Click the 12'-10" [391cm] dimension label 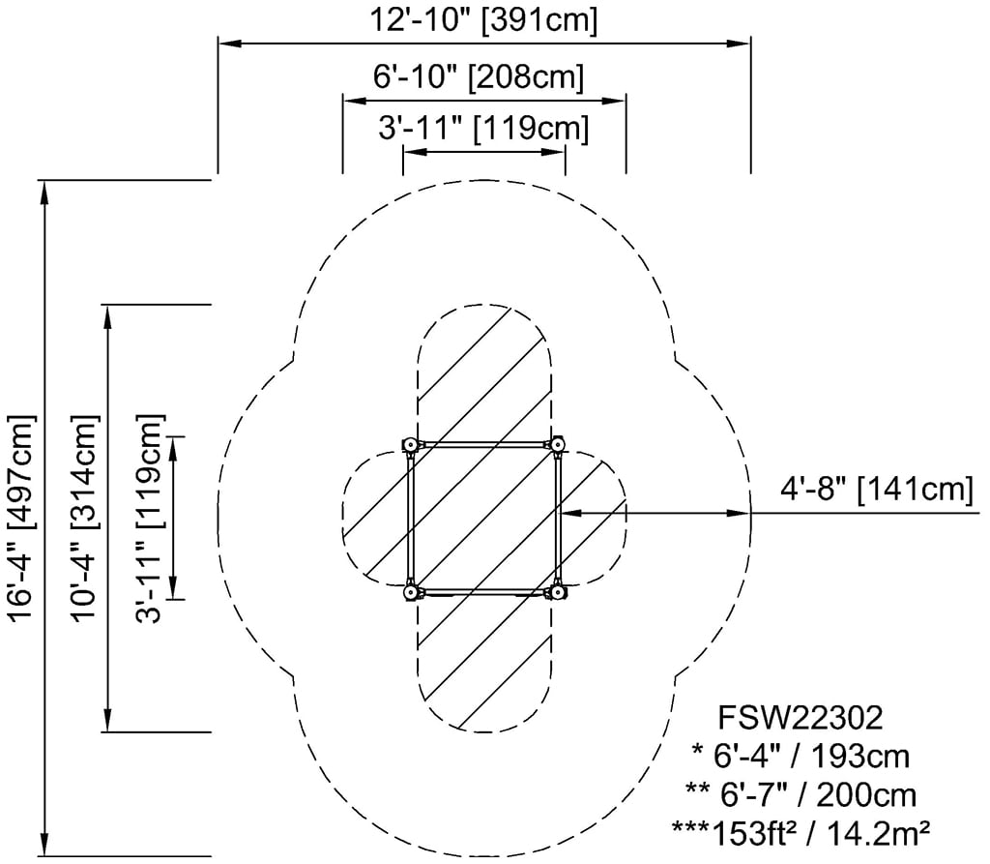tap(483, 19)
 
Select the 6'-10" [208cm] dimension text tap(479, 77)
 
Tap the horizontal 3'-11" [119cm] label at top tap(483, 128)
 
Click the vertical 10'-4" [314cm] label tap(85, 519)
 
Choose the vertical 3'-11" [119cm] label tap(150, 519)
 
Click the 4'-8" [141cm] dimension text tap(877, 490)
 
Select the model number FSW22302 tap(800, 718)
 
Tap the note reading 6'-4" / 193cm tap(801, 757)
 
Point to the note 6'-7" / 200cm tap(801, 794)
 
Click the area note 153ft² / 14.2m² tap(801, 833)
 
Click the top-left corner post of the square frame tap(410, 445)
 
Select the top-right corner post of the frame tap(556, 445)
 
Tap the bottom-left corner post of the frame tap(410, 592)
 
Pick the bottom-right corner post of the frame tap(556, 592)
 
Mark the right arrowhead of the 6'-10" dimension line tap(614, 101)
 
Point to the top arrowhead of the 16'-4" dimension tap(44, 193)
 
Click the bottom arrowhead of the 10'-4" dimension tap(108, 720)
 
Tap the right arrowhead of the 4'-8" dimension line tap(739, 513)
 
